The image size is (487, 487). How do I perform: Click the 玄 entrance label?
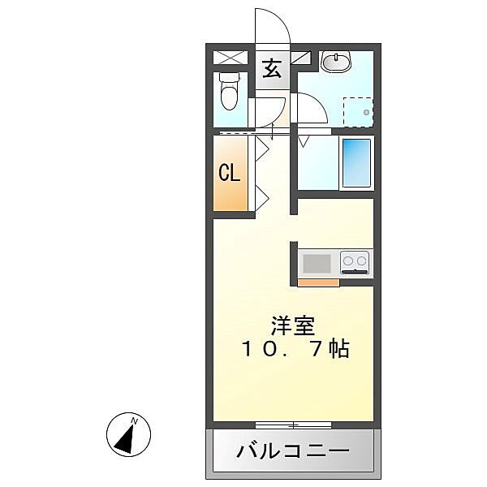[272, 68]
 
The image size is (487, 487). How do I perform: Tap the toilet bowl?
[230, 91]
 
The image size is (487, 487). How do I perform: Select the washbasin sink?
[334, 62]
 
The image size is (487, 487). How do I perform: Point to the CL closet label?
[229, 174]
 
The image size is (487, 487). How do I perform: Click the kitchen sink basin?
[317, 263]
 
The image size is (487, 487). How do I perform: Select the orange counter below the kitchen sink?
[318, 282]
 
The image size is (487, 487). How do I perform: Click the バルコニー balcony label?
[293, 451]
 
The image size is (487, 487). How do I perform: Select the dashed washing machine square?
[357, 111]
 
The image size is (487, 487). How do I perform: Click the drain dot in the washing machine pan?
[367, 112]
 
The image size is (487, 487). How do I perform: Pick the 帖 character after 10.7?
[339, 350]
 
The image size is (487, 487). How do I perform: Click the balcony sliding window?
[293, 425]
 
